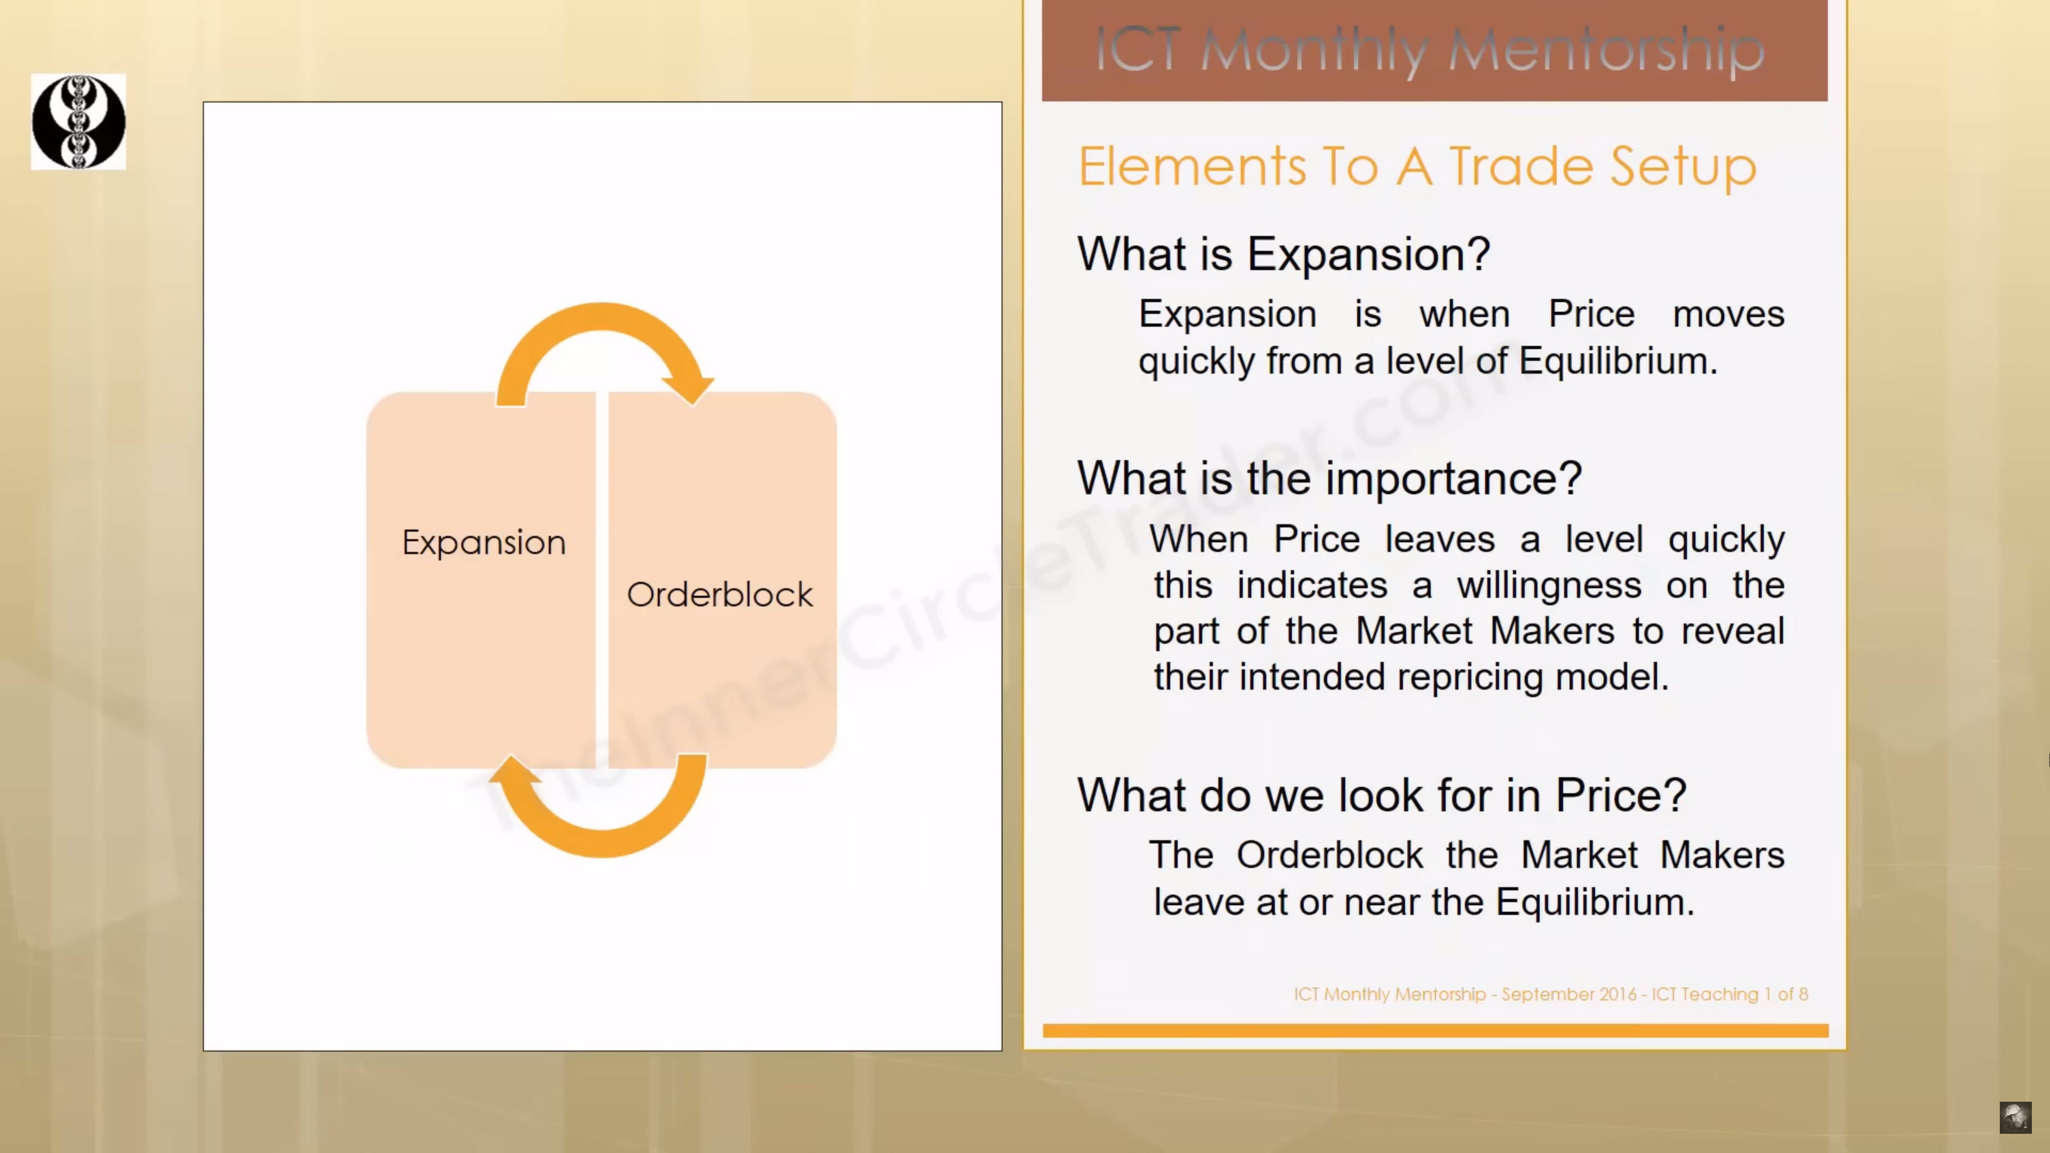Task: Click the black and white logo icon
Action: click(x=78, y=122)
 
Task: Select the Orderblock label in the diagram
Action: click(x=720, y=595)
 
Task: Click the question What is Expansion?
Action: click(x=1283, y=255)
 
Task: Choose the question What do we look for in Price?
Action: click(x=1382, y=795)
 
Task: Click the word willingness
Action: click(x=1549, y=586)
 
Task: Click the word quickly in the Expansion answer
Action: click(x=1197, y=362)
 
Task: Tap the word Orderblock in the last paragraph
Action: click(x=1330, y=855)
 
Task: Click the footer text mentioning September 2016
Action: click(x=1550, y=994)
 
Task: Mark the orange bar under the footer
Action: click(x=1436, y=1030)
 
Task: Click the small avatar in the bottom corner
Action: click(x=2015, y=1117)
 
